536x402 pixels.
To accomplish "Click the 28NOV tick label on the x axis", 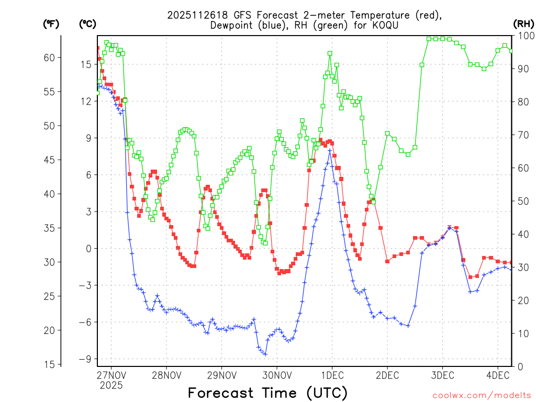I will [166, 375].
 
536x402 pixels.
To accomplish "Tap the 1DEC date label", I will [332, 375].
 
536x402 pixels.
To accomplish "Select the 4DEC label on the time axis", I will [498, 375].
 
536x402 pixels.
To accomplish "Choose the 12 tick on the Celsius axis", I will [86, 101].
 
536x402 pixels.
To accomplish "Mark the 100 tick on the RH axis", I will [526, 36].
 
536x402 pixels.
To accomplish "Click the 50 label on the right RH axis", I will [523, 201].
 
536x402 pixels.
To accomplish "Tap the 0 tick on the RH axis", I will [520, 366].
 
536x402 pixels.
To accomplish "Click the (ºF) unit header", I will [51, 24].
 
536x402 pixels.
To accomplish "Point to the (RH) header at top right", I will [523, 24].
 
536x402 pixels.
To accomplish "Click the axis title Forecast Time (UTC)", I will [267, 393].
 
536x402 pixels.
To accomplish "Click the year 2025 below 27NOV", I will [111, 385].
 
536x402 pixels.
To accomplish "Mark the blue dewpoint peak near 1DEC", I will [330, 150].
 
